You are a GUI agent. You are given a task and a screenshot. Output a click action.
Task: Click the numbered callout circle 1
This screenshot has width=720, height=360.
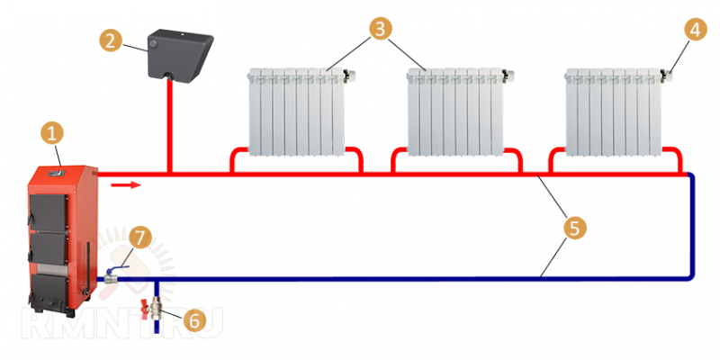click(52, 133)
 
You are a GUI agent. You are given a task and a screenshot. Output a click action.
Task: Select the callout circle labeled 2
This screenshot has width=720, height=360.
click(110, 40)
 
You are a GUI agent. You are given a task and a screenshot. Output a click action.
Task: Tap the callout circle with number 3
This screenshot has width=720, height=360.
click(380, 29)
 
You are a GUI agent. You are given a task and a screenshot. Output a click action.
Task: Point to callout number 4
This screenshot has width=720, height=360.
click(695, 30)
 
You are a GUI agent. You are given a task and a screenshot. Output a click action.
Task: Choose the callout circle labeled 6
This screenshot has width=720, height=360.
click(194, 320)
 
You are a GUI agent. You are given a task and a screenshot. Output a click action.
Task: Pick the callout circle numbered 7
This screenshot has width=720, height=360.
click(140, 238)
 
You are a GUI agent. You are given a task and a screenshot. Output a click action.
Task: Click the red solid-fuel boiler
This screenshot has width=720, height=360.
click(62, 240)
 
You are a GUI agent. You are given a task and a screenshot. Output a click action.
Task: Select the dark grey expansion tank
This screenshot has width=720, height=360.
click(179, 55)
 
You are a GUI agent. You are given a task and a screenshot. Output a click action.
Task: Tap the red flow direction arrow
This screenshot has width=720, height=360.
click(125, 185)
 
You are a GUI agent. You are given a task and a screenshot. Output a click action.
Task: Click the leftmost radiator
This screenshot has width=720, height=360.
click(298, 112)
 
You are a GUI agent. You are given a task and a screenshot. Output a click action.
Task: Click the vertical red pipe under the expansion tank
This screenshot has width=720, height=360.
click(169, 126)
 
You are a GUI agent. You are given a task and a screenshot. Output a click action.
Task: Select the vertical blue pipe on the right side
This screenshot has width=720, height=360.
click(691, 226)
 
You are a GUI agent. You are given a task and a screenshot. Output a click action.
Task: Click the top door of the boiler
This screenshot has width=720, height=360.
click(49, 212)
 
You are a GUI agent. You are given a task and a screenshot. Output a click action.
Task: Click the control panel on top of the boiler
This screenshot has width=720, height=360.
click(58, 172)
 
